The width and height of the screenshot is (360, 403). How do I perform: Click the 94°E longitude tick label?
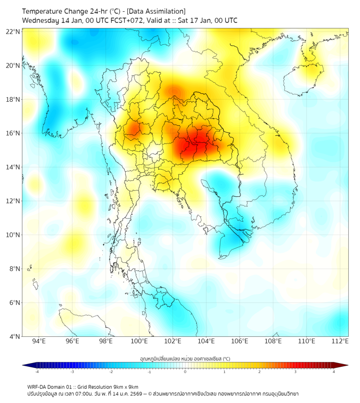coord(39,341)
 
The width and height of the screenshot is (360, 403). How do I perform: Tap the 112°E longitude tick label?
coord(341,341)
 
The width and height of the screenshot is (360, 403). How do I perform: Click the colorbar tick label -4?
coord(37,372)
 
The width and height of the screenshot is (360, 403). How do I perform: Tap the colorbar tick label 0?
coord(185,372)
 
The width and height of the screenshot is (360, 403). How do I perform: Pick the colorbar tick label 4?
coord(334,372)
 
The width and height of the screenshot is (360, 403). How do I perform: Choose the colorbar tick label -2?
coord(111,372)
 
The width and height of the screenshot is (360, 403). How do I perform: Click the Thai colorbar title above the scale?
coord(185,358)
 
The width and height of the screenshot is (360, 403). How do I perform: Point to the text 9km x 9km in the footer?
coord(126,387)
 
